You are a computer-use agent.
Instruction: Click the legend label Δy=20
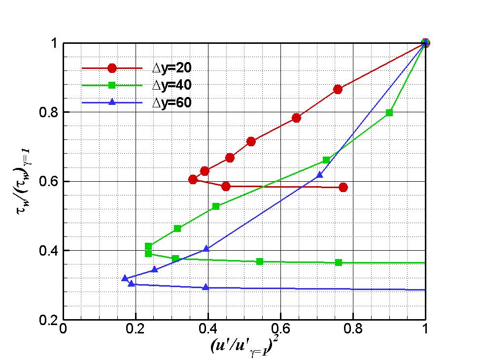pos(169,68)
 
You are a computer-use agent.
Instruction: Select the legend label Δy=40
pos(169,85)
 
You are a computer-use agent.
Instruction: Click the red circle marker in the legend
pos(112,68)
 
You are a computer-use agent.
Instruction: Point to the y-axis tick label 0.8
pos(48,112)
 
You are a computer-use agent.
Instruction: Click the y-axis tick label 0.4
pos(48,251)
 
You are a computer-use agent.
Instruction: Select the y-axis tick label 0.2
pos(48,320)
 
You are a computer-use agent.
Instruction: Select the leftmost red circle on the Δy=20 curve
pos(193,179)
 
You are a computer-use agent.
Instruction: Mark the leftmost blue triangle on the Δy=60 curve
pos(125,278)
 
